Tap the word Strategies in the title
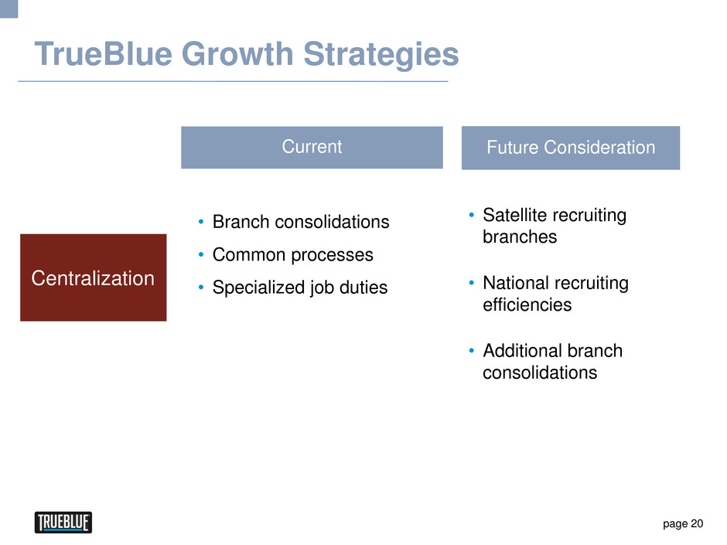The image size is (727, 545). click(381, 54)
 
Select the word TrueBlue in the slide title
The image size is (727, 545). click(104, 53)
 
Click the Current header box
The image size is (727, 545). click(312, 148)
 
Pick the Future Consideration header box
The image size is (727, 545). click(571, 148)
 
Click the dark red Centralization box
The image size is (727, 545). click(93, 278)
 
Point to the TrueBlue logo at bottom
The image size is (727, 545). click(63, 523)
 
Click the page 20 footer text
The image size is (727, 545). click(683, 523)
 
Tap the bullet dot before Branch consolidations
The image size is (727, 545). click(201, 222)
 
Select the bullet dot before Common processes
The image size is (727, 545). click(201, 254)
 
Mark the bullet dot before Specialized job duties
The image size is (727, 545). click(201, 288)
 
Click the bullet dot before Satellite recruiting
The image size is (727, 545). click(472, 215)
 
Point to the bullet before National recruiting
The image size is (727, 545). click(472, 283)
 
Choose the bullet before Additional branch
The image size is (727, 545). click(472, 351)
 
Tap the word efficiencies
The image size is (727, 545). click(527, 305)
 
